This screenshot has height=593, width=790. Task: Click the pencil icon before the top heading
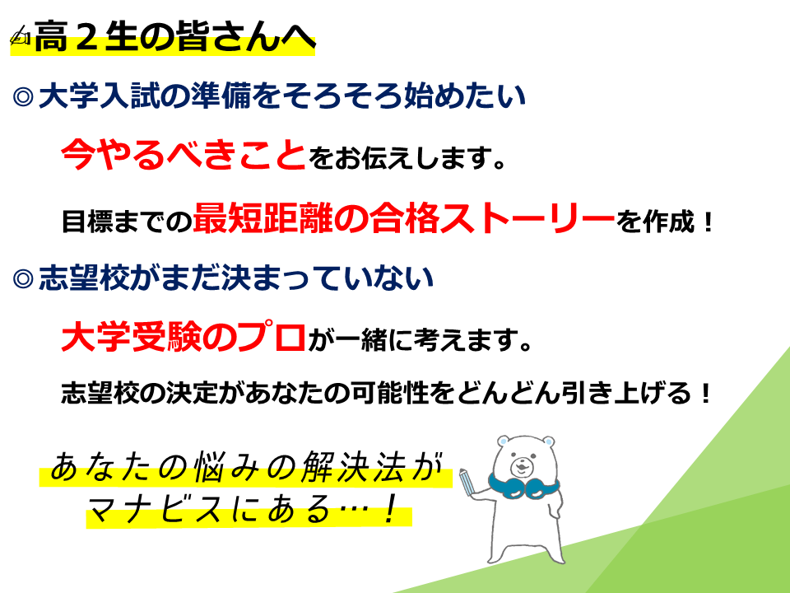point(21,35)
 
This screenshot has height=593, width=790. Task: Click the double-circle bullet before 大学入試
point(23,96)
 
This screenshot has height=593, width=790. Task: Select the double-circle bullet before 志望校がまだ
point(23,278)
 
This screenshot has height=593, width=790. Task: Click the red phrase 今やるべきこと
point(184,154)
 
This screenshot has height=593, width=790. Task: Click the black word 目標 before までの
point(87,222)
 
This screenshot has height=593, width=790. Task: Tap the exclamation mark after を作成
point(708,222)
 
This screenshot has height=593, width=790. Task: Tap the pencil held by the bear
point(467,482)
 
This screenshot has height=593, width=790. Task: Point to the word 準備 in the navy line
point(221,96)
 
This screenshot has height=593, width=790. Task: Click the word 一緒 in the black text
point(360,340)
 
